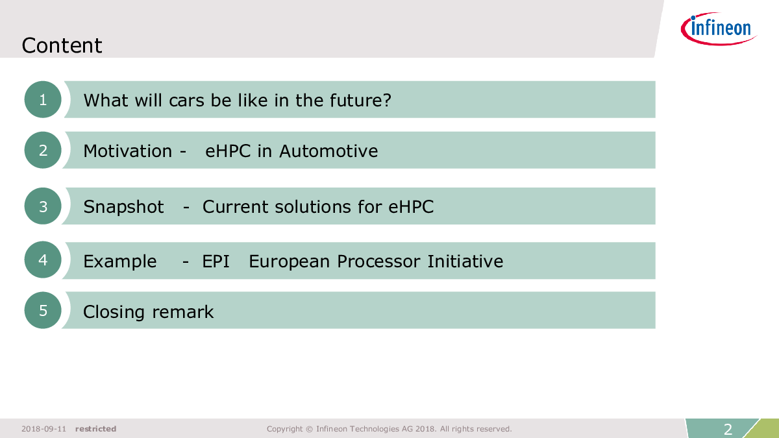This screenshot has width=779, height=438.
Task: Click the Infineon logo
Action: click(719, 29)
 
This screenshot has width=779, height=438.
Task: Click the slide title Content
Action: click(62, 45)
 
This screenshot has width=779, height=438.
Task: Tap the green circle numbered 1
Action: click(43, 99)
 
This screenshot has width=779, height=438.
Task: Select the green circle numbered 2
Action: click(43, 150)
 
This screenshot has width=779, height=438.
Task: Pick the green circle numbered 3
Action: click(43, 206)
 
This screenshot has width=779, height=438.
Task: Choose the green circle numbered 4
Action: click(43, 260)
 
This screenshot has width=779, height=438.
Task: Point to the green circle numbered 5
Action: click(43, 310)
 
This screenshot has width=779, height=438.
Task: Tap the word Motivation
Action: click(128, 151)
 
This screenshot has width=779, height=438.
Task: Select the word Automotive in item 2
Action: click(328, 151)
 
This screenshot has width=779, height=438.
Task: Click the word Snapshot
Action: click(123, 207)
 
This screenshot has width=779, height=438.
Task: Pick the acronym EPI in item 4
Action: click(216, 262)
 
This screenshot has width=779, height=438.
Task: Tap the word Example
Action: click(120, 262)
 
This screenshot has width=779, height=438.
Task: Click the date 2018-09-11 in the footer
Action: click(44, 429)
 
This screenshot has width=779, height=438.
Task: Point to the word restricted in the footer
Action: click(95, 429)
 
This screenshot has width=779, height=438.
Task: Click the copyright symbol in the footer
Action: click(309, 429)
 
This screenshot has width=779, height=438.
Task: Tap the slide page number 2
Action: click(728, 430)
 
